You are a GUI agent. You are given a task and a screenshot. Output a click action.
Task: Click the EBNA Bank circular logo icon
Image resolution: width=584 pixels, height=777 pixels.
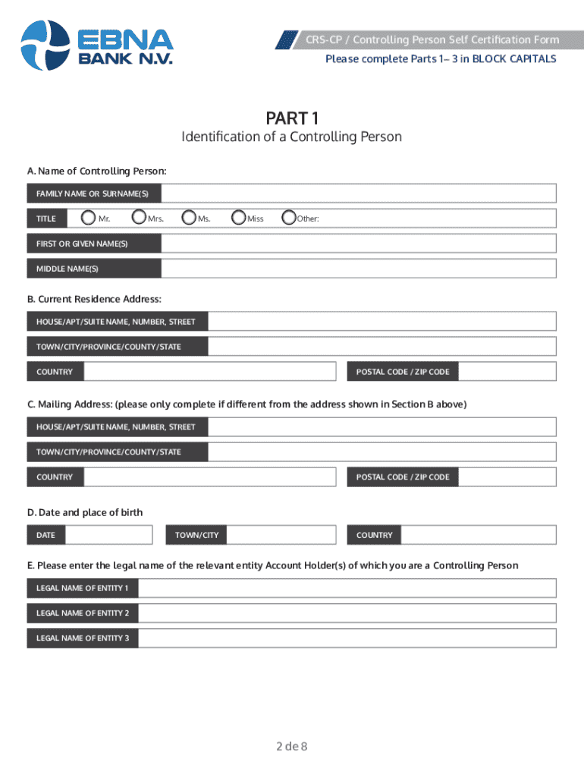point(45,44)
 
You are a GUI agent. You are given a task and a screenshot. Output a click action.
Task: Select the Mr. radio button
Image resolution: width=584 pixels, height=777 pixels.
point(89,218)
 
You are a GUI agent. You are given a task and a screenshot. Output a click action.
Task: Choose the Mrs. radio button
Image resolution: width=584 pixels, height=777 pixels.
point(139,218)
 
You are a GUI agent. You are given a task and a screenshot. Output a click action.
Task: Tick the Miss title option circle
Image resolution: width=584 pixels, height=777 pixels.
point(239,218)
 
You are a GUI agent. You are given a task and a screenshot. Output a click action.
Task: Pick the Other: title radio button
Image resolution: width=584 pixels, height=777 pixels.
point(288,218)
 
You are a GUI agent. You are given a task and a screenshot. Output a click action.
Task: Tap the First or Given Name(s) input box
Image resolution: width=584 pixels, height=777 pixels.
point(358,244)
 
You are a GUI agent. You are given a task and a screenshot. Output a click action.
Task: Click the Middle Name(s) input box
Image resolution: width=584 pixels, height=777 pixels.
point(358,269)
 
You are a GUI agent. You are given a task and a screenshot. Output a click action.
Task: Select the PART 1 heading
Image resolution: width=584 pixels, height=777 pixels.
point(291,118)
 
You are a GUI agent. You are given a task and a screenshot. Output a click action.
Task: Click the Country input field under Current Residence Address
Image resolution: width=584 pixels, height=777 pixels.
point(209,372)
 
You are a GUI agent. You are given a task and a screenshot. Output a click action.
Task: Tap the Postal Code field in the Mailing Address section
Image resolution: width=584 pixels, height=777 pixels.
point(507,477)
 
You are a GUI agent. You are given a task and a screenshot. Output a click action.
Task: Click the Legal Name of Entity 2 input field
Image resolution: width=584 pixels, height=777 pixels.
point(347,613)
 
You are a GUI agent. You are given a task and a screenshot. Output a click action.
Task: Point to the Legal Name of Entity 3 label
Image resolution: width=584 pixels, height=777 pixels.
point(83,638)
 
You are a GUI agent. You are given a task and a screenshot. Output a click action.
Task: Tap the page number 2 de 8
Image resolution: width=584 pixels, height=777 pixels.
point(291,746)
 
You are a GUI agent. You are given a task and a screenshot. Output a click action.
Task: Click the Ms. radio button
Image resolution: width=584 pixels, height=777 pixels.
point(189,218)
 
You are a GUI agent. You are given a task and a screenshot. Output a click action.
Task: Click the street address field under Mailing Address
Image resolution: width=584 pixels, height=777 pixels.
point(381,427)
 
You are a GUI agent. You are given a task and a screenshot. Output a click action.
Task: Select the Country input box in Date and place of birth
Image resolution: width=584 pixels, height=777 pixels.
point(478,535)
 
